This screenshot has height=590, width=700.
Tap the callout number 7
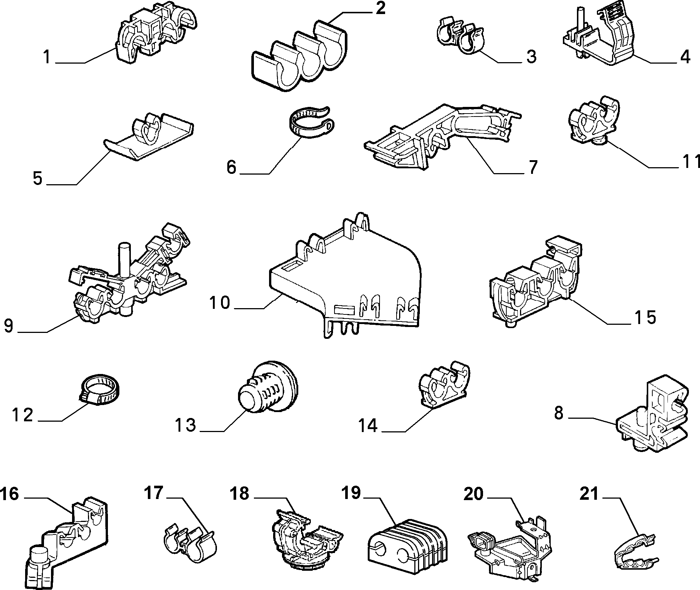(532, 168)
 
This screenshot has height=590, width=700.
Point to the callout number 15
(645, 317)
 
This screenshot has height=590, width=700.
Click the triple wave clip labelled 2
(299, 55)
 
